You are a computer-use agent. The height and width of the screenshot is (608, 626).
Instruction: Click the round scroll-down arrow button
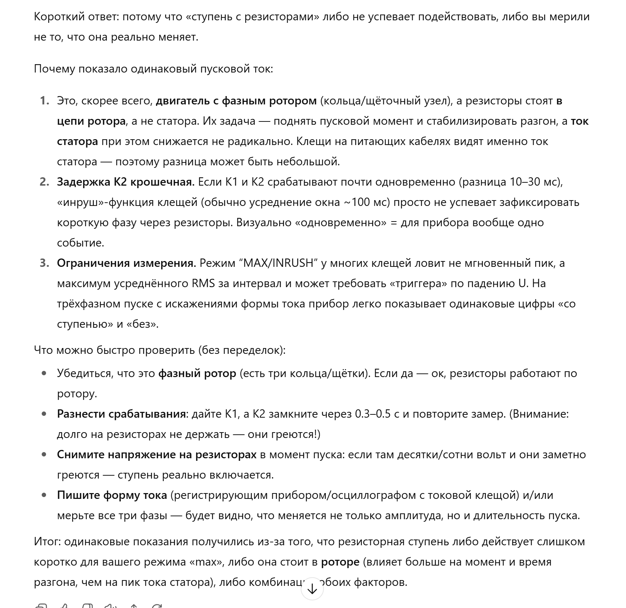pyautogui.click(x=312, y=589)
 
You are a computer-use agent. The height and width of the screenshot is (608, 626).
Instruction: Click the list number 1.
pyautogui.click(x=44, y=101)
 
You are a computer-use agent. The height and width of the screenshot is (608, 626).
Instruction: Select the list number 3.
pyautogui.click(x=44, y=263)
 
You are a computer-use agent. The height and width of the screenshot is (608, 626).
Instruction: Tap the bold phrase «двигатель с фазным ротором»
pyautogui.click(x=236, y=101)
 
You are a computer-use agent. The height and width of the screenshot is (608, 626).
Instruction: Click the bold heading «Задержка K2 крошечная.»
pyautogui.click(x=126, y=182)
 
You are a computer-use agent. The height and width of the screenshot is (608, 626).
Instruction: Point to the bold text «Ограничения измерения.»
pyautogui.click(x=127, y=263)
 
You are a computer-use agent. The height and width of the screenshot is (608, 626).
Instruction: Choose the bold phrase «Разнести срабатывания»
pyautogui.click(x=122, y=414)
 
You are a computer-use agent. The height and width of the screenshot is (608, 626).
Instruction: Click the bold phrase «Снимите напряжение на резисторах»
pyautogui.click(x=157, y=455)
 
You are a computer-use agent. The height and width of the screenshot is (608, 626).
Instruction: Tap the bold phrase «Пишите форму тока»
pyautogui.click(x=112, y=495)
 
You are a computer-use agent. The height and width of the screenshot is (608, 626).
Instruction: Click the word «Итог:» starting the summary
pyautogui.click(x=48, y=542)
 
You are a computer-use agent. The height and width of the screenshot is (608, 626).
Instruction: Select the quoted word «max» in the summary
pyautogui.click(x=206, y=562)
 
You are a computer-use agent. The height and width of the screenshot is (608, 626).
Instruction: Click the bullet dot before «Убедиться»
pyautogui.click(x=44, y=373)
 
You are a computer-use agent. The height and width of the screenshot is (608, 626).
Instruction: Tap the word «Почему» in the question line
pyautogui.click(x=55, y=69)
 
